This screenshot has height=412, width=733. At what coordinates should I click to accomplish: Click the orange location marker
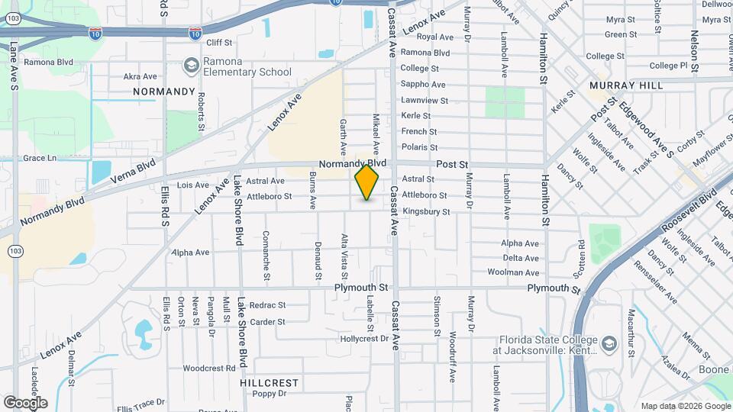(366, 182)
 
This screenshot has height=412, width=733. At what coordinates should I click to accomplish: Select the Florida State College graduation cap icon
(608, 344)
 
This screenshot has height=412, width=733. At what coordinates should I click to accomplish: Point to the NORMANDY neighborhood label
(164, 92)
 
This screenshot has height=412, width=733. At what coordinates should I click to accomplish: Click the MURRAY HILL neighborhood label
(625, 85)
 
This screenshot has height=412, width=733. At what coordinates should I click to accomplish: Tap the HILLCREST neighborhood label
(269, 381)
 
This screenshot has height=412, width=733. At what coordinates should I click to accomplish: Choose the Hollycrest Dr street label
(365, 338)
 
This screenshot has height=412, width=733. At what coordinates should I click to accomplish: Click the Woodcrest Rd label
(209, 368)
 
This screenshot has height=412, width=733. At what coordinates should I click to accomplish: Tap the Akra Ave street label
(140, 76)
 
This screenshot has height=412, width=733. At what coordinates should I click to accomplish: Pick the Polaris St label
(419, 147)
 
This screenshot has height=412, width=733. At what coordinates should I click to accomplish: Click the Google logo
(25, 402)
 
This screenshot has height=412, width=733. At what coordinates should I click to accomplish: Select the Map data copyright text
(685, 406)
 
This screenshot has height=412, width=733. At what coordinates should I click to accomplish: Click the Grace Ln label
(40, 158)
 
